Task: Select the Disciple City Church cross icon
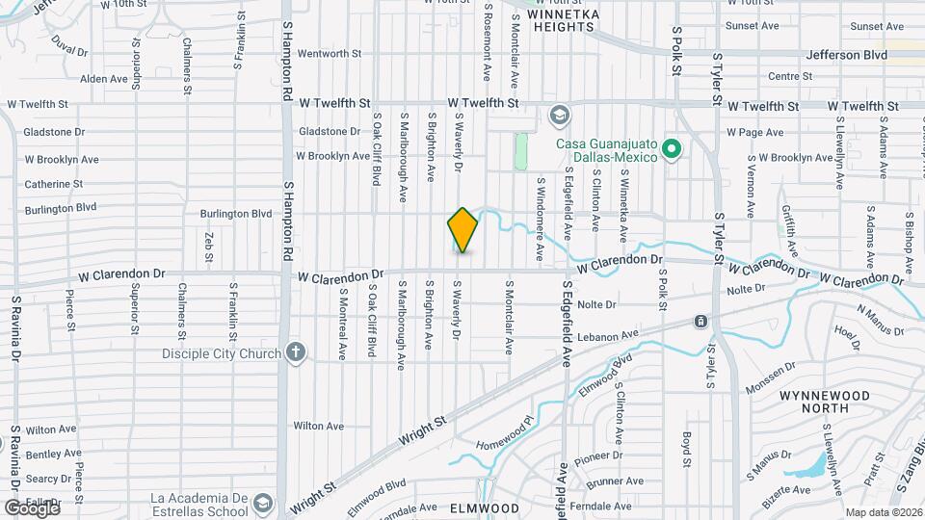(296, 352)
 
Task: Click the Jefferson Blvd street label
(847, 56)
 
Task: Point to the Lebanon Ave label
(609, 335)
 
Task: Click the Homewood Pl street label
(504, 432)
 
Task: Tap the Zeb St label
(208, 246)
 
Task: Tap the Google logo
(31, 507)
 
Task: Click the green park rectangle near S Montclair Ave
(521, 151)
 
